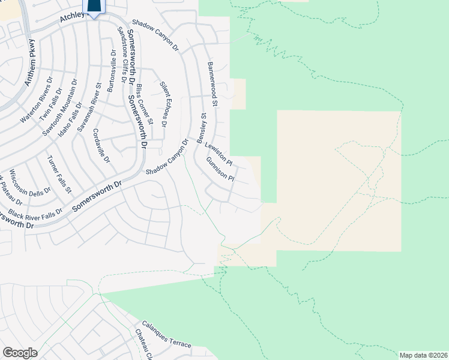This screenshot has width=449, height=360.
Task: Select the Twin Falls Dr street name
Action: [51, 105]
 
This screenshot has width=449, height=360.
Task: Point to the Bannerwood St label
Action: [212, 83]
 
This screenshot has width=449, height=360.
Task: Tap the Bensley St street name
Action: [203, 124]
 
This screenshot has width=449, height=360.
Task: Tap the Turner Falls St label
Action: [59, 174]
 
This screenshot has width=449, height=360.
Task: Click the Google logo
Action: [20, 352]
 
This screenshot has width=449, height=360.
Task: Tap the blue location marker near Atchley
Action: [95, 7]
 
